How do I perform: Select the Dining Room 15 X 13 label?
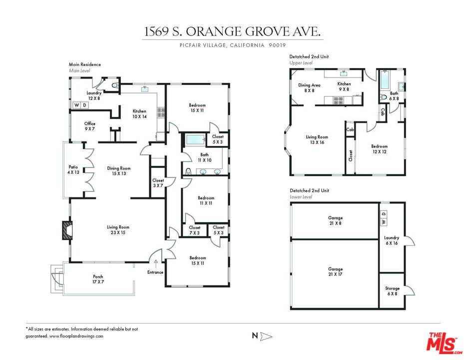119,171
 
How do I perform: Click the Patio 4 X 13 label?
73,169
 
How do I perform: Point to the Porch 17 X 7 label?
98,279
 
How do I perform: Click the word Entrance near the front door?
155,272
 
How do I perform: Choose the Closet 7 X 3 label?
194,230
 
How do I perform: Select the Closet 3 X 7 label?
158,183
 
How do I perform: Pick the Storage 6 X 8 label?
392,291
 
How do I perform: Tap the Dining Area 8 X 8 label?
309,88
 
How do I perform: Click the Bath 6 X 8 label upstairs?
394,96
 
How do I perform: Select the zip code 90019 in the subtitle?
273,45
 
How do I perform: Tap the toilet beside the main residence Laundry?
114,85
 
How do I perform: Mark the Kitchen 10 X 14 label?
139,113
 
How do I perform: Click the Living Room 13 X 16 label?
317,139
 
